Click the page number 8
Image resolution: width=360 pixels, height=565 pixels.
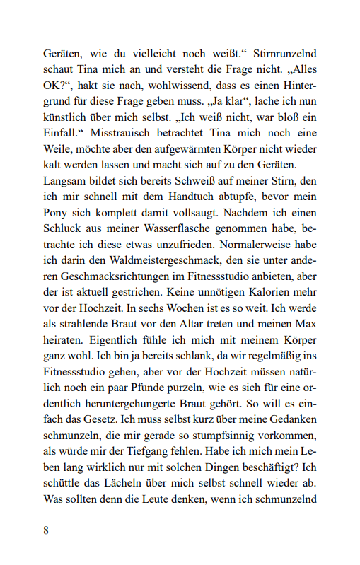(46, 531)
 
